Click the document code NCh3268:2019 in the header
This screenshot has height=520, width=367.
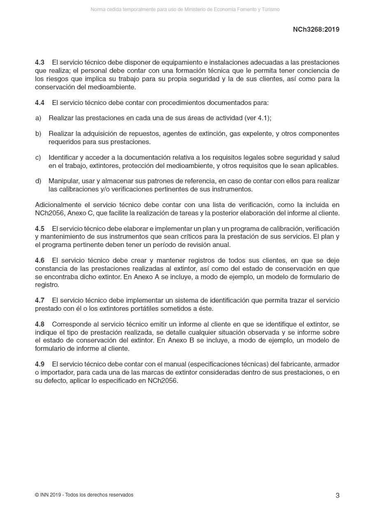[x=316, y=29]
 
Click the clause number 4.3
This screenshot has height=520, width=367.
[x=39, y=62]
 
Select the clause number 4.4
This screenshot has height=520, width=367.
[x=39, y=103]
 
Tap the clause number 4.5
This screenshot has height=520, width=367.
[x=39, y=229]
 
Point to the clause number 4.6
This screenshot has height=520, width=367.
[x=39, y=260]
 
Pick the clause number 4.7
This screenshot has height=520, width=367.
[x=39, y=300]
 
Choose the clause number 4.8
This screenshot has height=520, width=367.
[x=39, y=324]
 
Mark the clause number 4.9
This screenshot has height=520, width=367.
[x=39, y=364]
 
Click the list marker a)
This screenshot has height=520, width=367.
[x=38, y=118]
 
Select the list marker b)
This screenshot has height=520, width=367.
[x=38, y=134]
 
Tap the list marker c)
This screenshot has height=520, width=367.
[x=38, y=158]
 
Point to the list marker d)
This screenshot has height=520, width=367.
[x=38, y=181]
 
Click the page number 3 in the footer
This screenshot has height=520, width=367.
[x=337, y=495]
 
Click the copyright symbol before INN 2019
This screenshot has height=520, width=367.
[x=37, y=495]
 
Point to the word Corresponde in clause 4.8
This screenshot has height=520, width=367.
[x=72, y=324]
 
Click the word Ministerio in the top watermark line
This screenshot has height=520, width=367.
[x=197, y=9]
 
